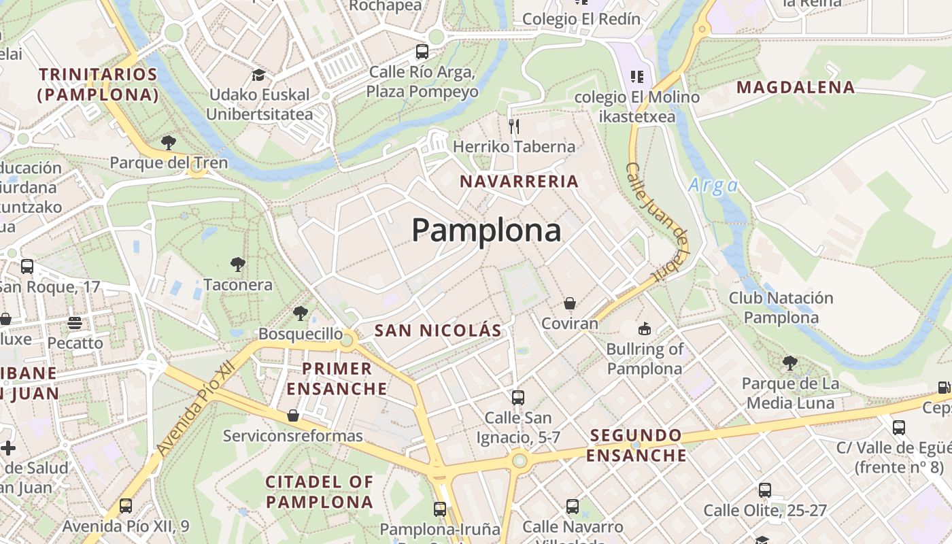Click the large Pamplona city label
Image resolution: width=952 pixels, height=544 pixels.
(486, 231)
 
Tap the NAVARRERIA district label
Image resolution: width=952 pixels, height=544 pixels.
(519, 182)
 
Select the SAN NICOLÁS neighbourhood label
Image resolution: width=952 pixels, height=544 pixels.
(438, 331)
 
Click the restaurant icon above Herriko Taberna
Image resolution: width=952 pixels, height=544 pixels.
(514, 126)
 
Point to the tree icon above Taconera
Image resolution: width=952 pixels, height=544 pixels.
(237, 264)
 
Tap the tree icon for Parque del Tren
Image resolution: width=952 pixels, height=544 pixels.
(168, 143)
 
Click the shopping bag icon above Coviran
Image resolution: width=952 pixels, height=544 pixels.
(570, 303)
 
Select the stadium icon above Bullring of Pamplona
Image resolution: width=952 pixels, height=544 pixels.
(644, 329)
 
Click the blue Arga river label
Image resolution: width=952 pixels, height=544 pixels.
(713, 186)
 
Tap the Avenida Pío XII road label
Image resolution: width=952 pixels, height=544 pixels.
(195, 408)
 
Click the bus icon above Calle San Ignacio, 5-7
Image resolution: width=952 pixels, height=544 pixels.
(518, 397)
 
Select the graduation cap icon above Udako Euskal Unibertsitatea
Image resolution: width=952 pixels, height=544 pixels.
(258, 75)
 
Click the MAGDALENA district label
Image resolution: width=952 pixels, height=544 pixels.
(796, 87)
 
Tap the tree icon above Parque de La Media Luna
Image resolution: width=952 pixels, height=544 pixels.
(789, 363)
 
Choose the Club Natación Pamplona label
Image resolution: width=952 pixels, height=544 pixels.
(781, 307)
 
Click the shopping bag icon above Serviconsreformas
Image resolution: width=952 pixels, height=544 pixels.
(293, 415)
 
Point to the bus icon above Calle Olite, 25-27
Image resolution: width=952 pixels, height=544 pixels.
(765, 490)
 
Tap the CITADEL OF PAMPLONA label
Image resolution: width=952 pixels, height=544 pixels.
(320, 492)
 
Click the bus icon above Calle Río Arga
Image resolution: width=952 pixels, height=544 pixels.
(422, 52)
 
